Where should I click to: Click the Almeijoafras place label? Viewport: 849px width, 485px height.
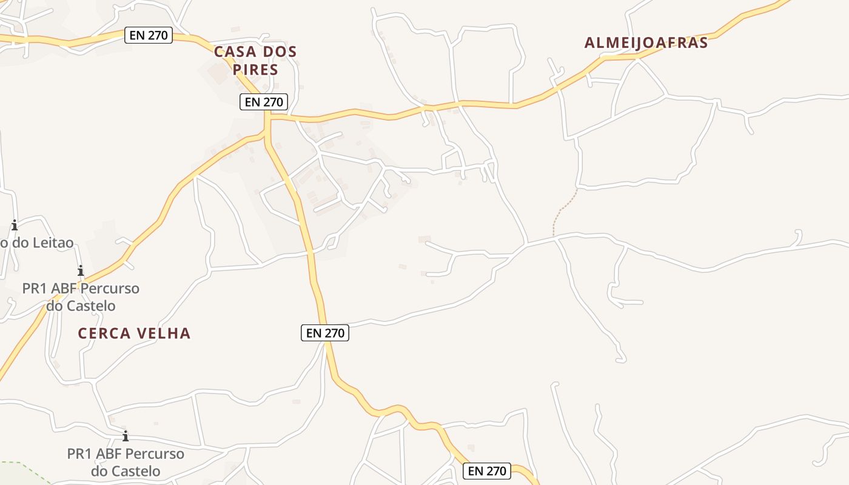point(646,43)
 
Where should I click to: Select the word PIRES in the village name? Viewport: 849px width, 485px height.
point(255,70)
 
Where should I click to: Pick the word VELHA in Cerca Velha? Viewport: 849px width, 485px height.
point(165,333)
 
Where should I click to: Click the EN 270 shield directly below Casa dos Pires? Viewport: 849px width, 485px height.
point(263,102)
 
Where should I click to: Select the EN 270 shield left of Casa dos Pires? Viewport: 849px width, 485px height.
point(149,35)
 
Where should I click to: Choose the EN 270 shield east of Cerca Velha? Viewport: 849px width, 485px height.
point(325,333)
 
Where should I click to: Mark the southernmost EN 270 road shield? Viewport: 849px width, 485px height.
point(487,471)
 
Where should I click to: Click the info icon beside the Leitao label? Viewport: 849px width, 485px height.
point(14,226)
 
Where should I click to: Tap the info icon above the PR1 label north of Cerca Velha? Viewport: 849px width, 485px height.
point(80,270)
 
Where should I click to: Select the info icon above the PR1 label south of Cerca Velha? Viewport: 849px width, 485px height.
point(126,436)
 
